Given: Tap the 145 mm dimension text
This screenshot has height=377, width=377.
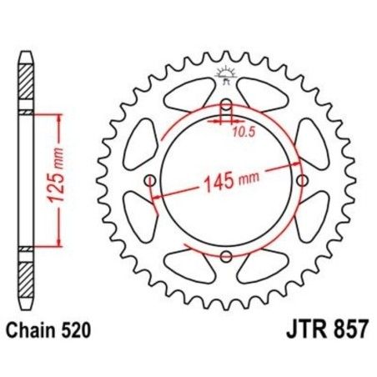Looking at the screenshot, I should pyautogui.click(x=226, y=178).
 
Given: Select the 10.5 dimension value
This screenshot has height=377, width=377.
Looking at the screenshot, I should pyautogui.click(x=242, y=130).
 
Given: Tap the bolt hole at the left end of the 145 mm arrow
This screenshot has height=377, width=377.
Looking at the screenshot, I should pyautogui.click(x=150, y=181).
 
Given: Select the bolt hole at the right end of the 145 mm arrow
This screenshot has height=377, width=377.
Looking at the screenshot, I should pyautogui.click(x=301, y=181).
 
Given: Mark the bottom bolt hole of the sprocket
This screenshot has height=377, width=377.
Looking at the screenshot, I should pyautogui.click(x=225, y=256).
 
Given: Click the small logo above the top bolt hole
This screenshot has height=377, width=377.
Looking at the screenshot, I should pyautogui.click(x=224, y=76).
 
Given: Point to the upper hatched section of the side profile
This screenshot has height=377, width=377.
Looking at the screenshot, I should pyautogui.click(x=27, y=83).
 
